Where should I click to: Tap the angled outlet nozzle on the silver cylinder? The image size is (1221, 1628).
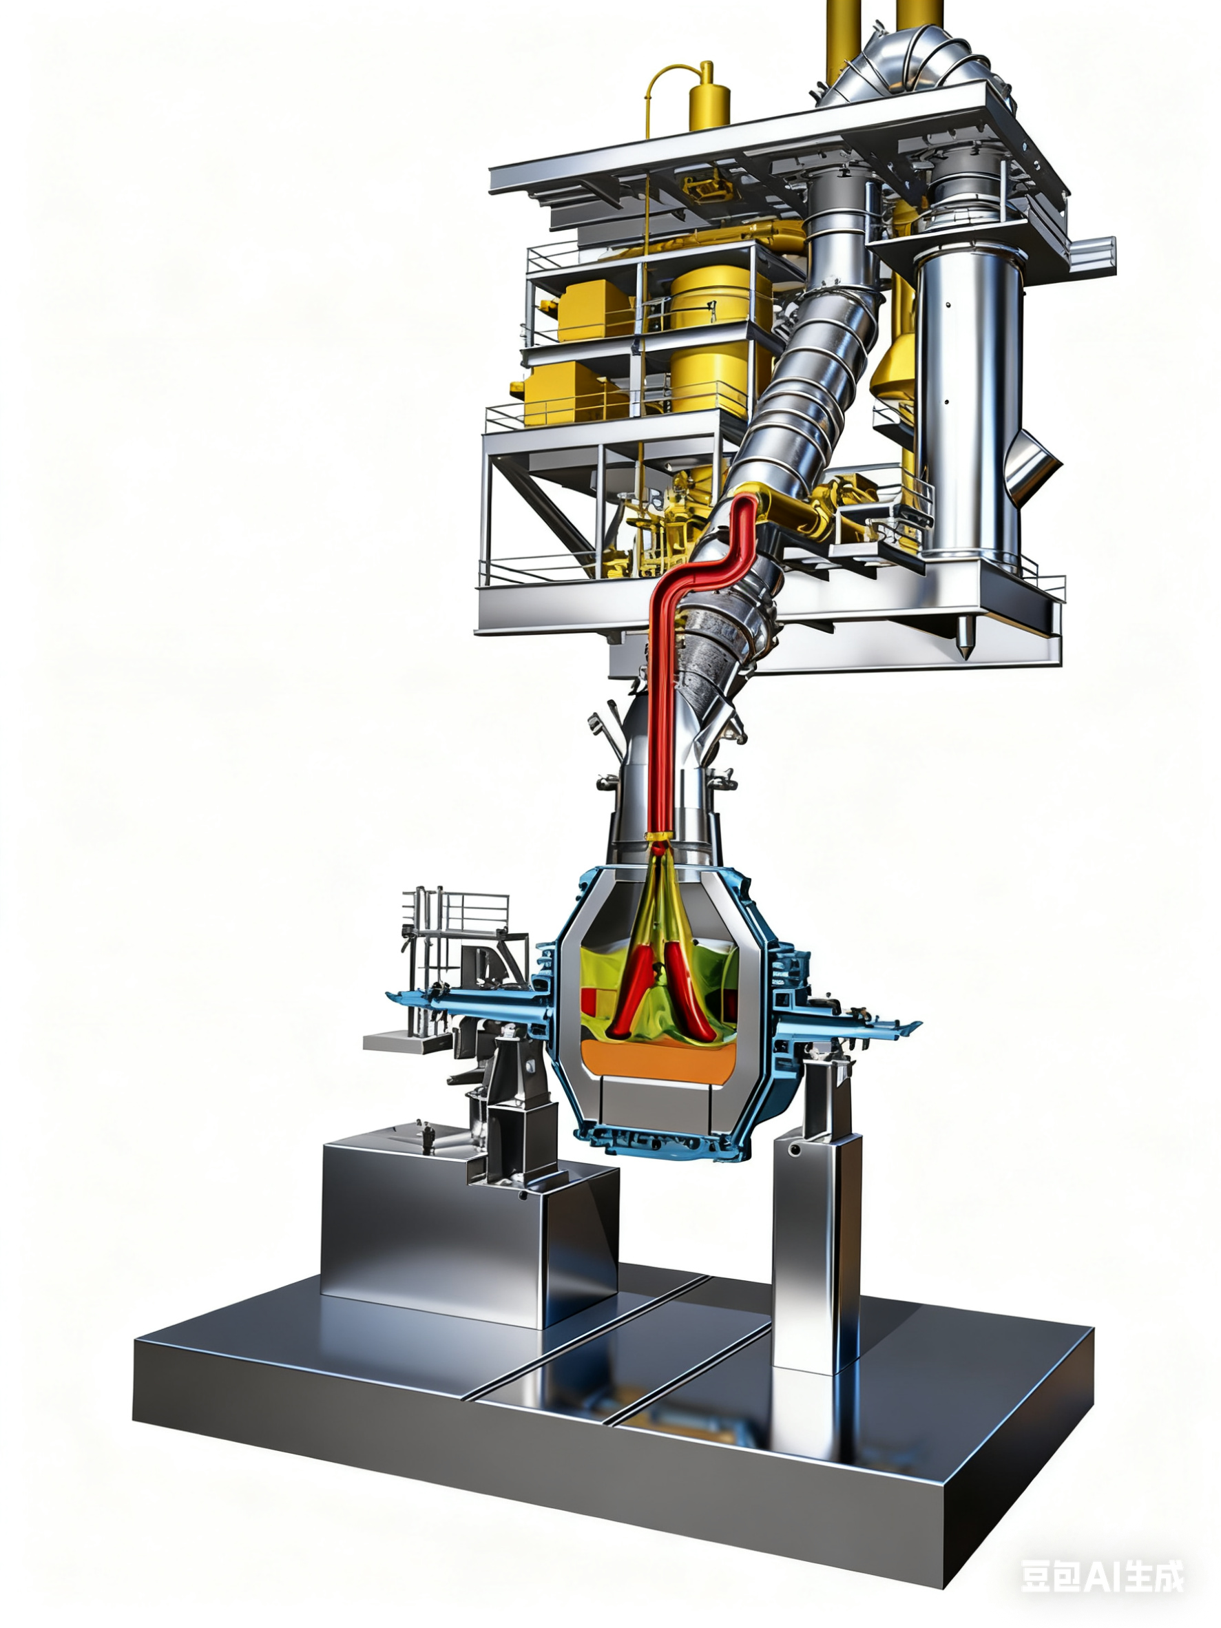[x=1034, y=463]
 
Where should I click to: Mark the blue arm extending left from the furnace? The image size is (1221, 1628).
[x=471, y=1005]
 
